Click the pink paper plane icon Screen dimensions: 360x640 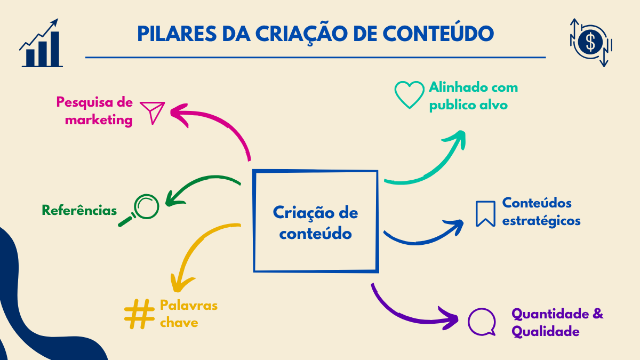(152, 113)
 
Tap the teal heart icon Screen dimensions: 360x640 (410, 94)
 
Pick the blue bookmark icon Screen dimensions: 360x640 (485, 213)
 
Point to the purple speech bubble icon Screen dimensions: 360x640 (482, 322)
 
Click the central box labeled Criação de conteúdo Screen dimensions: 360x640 (316, 221)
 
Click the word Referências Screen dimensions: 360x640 (79, 210)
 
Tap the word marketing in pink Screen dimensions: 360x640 (99, 119)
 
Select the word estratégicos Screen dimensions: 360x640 (541, 220)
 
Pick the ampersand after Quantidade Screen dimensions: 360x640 (598, 313)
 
